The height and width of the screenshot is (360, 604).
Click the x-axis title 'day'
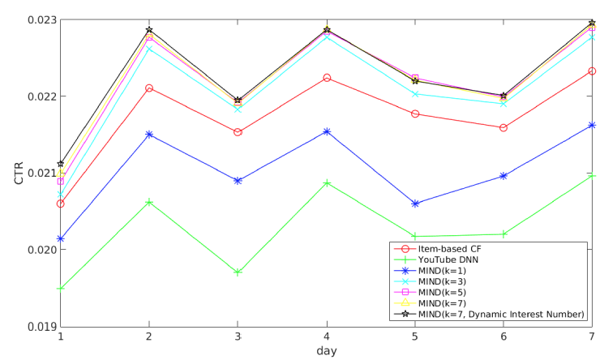coord(327,351)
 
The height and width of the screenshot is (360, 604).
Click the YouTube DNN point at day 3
coord(238,272)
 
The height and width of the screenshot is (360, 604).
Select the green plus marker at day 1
coord(61,289)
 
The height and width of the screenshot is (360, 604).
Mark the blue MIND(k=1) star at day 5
coord(415,204)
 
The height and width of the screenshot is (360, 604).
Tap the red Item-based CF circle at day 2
coord(149,88)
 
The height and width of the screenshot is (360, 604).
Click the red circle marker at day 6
coord(503,127)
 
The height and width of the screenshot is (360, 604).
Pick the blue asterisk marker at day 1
coord(61,239)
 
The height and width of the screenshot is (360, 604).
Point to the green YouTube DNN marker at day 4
coord(327,183)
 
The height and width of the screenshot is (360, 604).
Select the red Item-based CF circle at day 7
coord(593,71)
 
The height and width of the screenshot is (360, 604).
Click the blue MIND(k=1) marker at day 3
coord(238,181)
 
